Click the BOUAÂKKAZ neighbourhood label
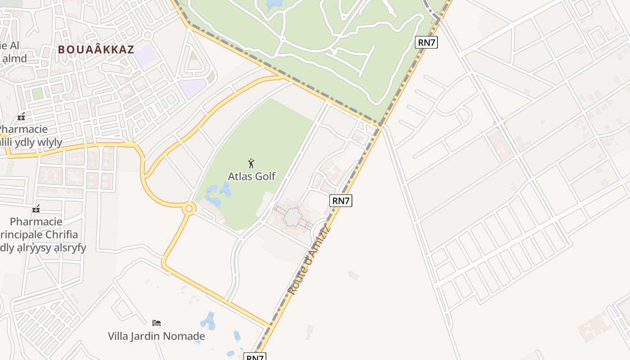pos(96,49)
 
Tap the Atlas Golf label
pos(252,176)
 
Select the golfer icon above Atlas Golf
pos(252,163)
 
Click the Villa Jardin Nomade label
pos(156,336)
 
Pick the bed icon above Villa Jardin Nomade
pos(157,323)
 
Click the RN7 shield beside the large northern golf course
pos(426,42)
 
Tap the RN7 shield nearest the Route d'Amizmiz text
pos(341,201)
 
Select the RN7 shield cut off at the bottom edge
pos(255,357)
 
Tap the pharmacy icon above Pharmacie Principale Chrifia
pos(36,209)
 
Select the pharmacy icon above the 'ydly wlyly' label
pos(21,117)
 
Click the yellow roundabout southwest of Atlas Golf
pos(189,208)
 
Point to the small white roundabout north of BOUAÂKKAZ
pos(147,35)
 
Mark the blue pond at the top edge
pos(274,5)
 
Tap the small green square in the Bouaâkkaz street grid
pos(37,94)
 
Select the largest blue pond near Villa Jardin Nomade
pos(208,321)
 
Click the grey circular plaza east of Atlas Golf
pos(293,218)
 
